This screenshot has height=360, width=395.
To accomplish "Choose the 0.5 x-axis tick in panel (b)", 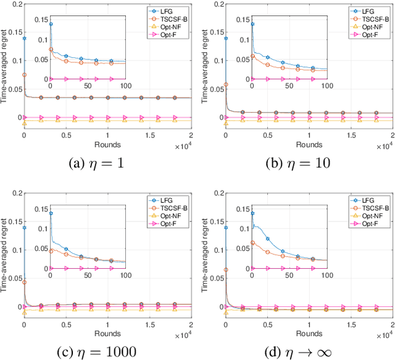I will [x=267, y=135].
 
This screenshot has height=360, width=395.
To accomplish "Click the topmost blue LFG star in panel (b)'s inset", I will [x=252, y=24].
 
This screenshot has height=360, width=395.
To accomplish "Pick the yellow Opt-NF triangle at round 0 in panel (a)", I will [x=24, y=123].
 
